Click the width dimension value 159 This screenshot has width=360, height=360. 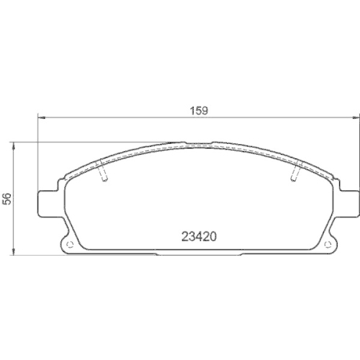199,111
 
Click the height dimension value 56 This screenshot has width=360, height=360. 7,199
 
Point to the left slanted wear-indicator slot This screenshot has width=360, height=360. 103,173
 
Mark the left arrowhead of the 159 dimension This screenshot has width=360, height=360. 40,117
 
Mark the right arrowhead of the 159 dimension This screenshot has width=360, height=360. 357,117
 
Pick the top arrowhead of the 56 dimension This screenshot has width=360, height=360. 15,144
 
